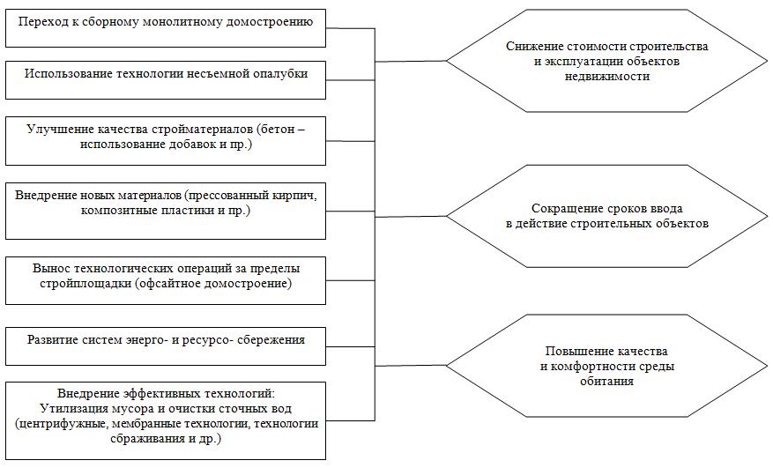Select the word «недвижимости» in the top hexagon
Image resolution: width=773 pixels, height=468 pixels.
click(607, 77)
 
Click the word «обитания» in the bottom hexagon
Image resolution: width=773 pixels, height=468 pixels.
click(606, 382)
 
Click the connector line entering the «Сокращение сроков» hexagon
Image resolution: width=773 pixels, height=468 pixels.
click(411, 217)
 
